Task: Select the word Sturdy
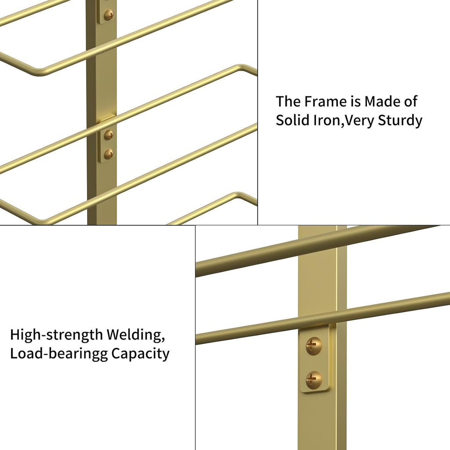400,121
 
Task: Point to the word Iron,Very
343,121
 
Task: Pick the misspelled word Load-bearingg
59,354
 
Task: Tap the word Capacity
140,354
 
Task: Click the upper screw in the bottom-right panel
314,345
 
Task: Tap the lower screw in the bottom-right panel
314,380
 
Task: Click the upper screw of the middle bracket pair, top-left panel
109,134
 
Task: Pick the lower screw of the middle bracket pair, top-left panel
109,154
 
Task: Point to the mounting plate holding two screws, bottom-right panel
315,360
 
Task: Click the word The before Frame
288,102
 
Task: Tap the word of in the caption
410,102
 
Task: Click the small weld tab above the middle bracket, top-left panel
107,118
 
